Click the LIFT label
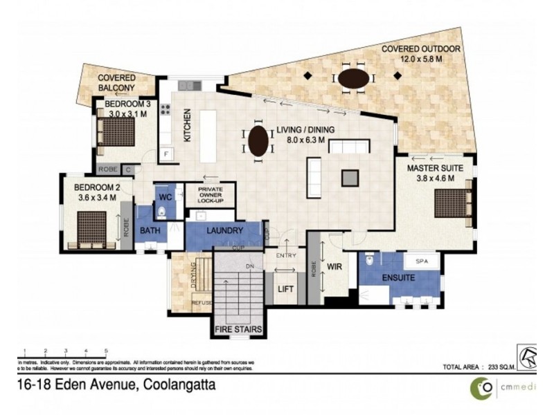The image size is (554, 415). point(285,290)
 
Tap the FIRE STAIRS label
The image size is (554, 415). point(238,330)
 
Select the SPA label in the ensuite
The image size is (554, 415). point(422,261)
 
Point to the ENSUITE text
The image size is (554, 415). point(398,278)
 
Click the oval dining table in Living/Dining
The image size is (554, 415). point(258,141)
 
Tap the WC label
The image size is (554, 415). point(165,197)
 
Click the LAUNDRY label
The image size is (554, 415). point(224,230)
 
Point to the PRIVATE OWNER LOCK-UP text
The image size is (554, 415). point(215,194)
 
